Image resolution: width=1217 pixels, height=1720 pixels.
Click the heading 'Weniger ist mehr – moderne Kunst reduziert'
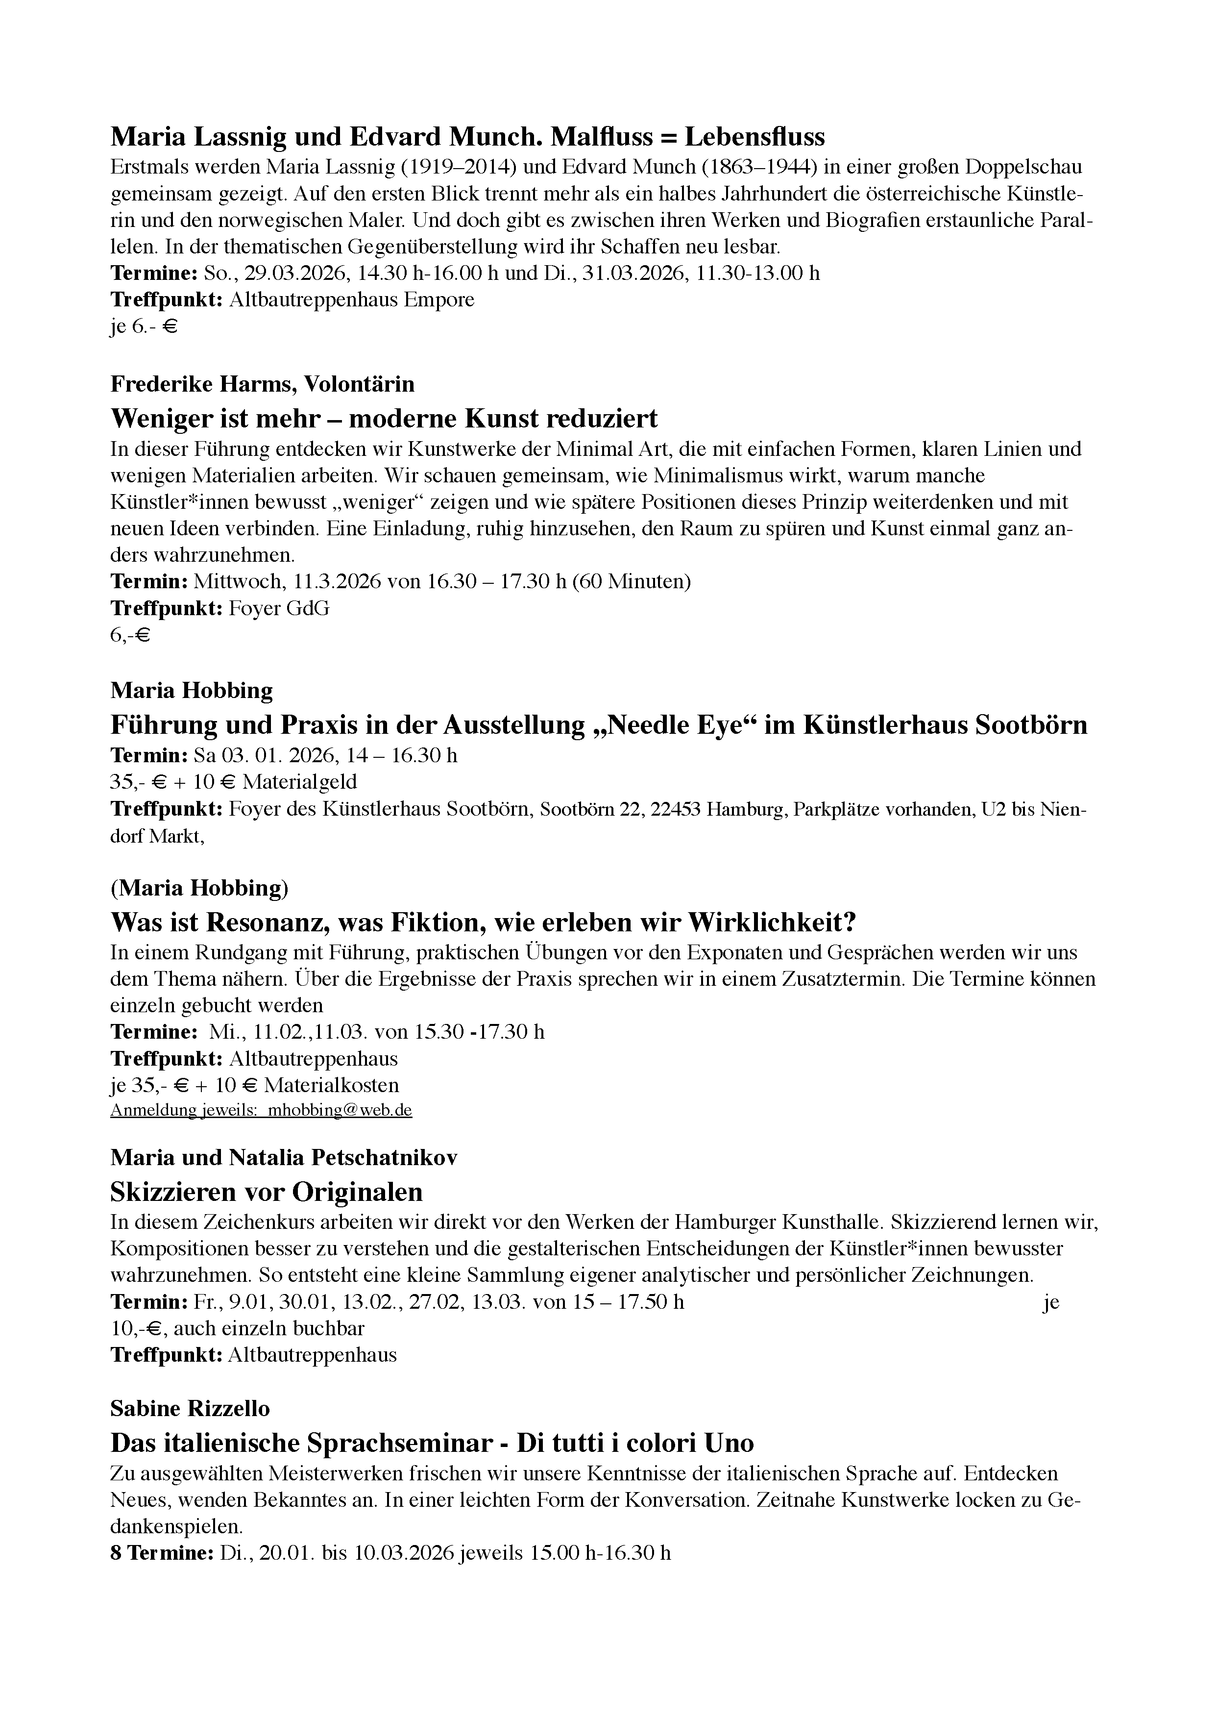[x=384, y=418]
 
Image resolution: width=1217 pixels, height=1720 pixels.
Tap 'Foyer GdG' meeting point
[x=279, y=608]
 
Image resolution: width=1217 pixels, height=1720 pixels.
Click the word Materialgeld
[x=300, y=782]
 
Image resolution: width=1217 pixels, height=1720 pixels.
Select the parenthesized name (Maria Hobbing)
[x=199, y=889]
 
